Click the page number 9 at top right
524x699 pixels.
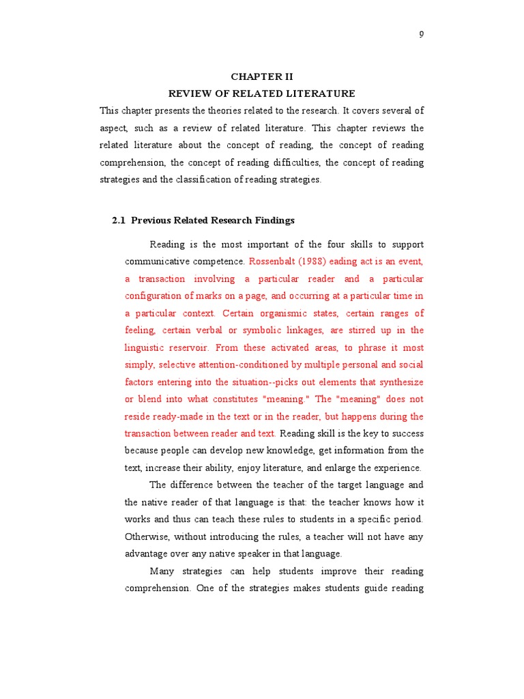click(x=421, y=35)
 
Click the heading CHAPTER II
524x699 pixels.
click(x=261, y=77)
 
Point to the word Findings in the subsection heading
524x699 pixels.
click(x=276, y=220)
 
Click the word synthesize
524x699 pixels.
click(x=401, y=382)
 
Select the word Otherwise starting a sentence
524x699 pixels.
click(x=148, y=537)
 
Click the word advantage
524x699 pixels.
click(x=147, y=554)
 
